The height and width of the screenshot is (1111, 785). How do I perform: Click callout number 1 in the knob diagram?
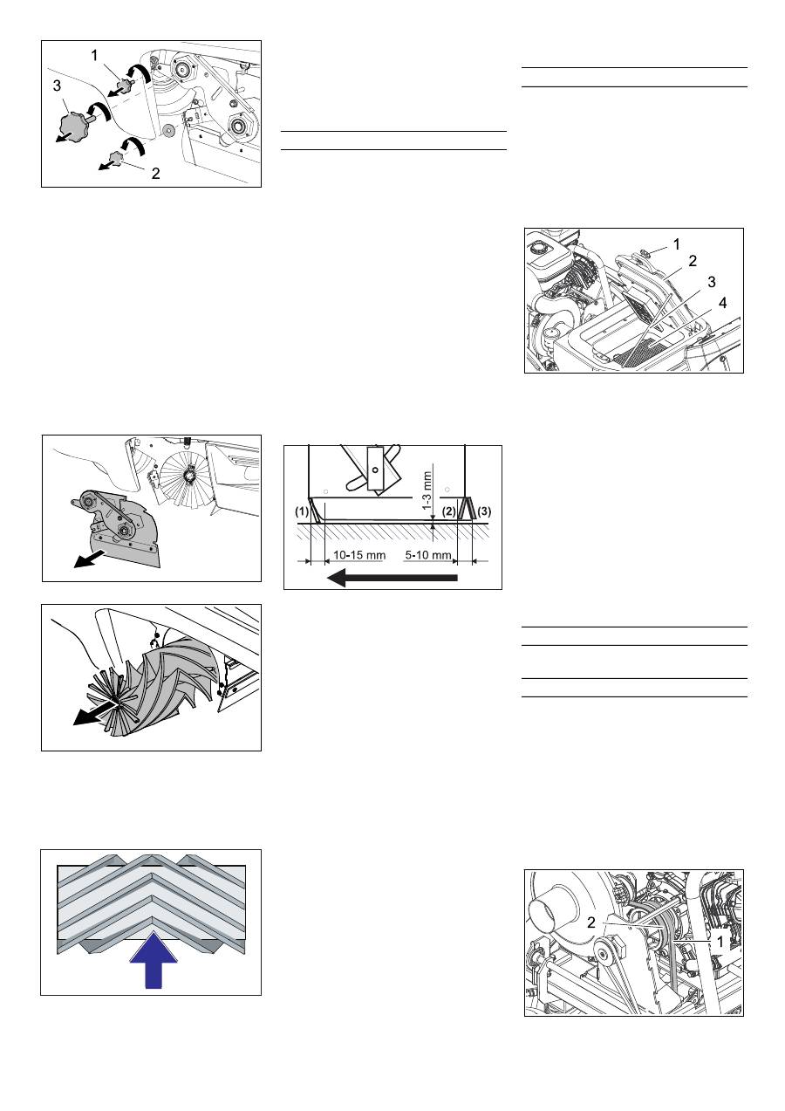click(95, 56)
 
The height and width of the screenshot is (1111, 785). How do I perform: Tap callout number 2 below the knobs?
click(155, 174)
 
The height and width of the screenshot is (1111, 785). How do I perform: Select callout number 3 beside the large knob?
click(57, 86)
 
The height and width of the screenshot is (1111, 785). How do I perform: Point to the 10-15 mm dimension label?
click(358, 555)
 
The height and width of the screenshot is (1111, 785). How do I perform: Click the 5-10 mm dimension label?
click(428, 555)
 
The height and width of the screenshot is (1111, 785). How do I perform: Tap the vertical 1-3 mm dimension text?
click(427, 490)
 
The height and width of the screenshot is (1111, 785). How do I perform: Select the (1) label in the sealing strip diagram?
click(302, 511)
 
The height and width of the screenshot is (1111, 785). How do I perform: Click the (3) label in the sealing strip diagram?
click(484, 511)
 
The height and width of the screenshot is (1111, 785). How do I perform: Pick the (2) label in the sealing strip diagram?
click(448, 511)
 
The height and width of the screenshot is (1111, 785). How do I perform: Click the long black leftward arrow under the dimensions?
click(392, 578)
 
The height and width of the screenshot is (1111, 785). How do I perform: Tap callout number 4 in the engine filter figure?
click(722, 303)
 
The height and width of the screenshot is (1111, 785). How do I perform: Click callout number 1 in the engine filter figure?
click(677, 244)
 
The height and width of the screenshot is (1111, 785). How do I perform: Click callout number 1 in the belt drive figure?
click(720, 942)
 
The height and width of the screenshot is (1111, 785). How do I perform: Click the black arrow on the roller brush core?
click(95, 715)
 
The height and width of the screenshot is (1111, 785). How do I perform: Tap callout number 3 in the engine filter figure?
click(712, 282)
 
